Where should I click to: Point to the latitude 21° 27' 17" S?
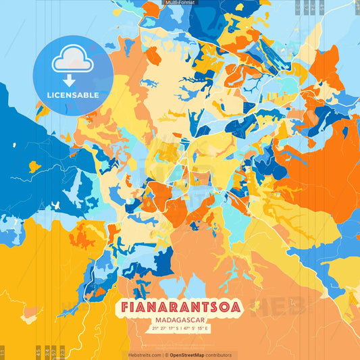[163, 328]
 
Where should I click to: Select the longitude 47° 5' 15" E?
[197, 328]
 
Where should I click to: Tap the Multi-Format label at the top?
[180, 3]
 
